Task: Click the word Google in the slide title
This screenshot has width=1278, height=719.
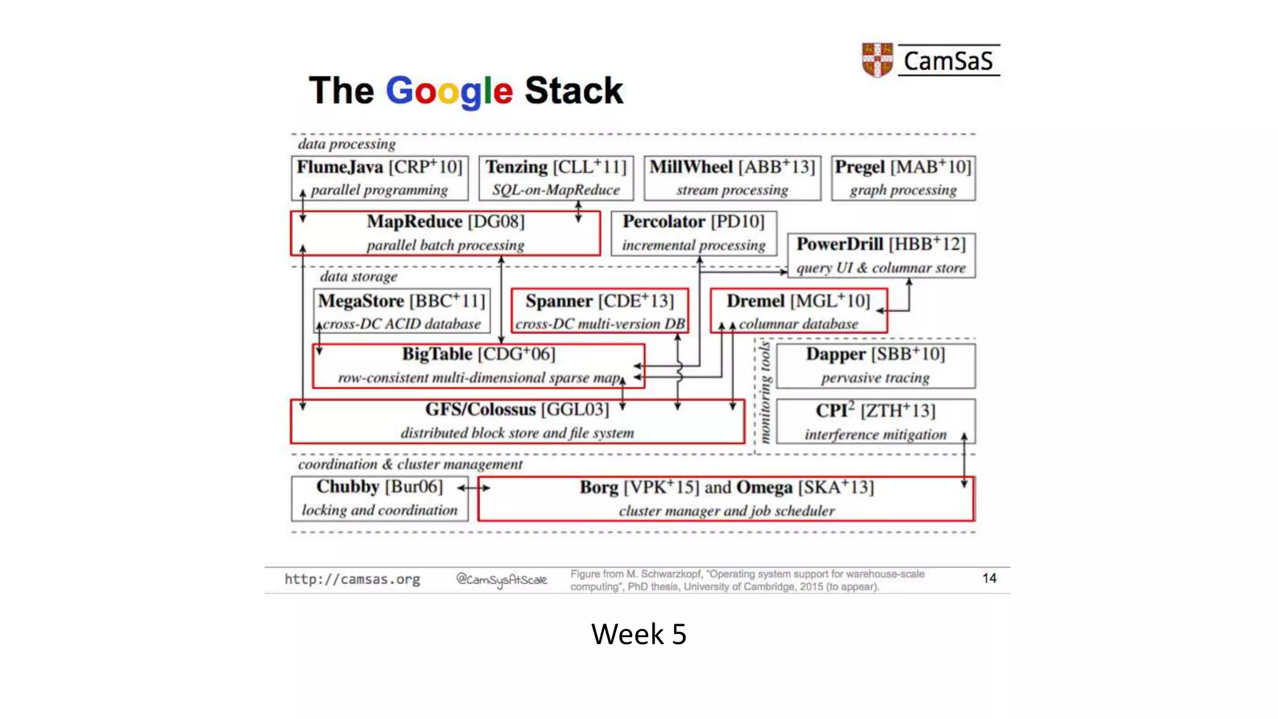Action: point(449,91)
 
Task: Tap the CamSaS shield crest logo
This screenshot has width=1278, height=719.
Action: point(877,60)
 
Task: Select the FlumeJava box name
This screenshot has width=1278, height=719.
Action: point(340,167)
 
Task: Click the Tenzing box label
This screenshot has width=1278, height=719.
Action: point(517,167)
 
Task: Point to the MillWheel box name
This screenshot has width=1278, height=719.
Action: point(691,167)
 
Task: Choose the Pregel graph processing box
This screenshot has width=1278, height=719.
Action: point(903,179)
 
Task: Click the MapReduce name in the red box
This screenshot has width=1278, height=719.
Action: point(414,222)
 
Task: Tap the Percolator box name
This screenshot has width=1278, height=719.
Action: point(664,222)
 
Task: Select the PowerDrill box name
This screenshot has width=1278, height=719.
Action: point(839,244)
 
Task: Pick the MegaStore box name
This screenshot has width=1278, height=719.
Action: point(361,301)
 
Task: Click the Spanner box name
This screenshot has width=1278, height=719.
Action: point(559,301)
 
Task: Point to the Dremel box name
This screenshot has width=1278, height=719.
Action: point(756,301)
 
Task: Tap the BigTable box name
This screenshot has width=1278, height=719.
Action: point(437,354)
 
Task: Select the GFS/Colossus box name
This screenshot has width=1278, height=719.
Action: point(480,409)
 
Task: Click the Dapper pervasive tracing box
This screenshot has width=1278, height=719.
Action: point(876,365)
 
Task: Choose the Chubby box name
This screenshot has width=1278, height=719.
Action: point(348,486)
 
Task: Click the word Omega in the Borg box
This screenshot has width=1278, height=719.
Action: point(764,487)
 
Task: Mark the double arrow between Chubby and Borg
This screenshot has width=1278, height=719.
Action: point(474,487)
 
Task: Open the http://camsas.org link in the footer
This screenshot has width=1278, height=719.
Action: point(353,579)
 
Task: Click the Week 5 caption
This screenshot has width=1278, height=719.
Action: point(638,634)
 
